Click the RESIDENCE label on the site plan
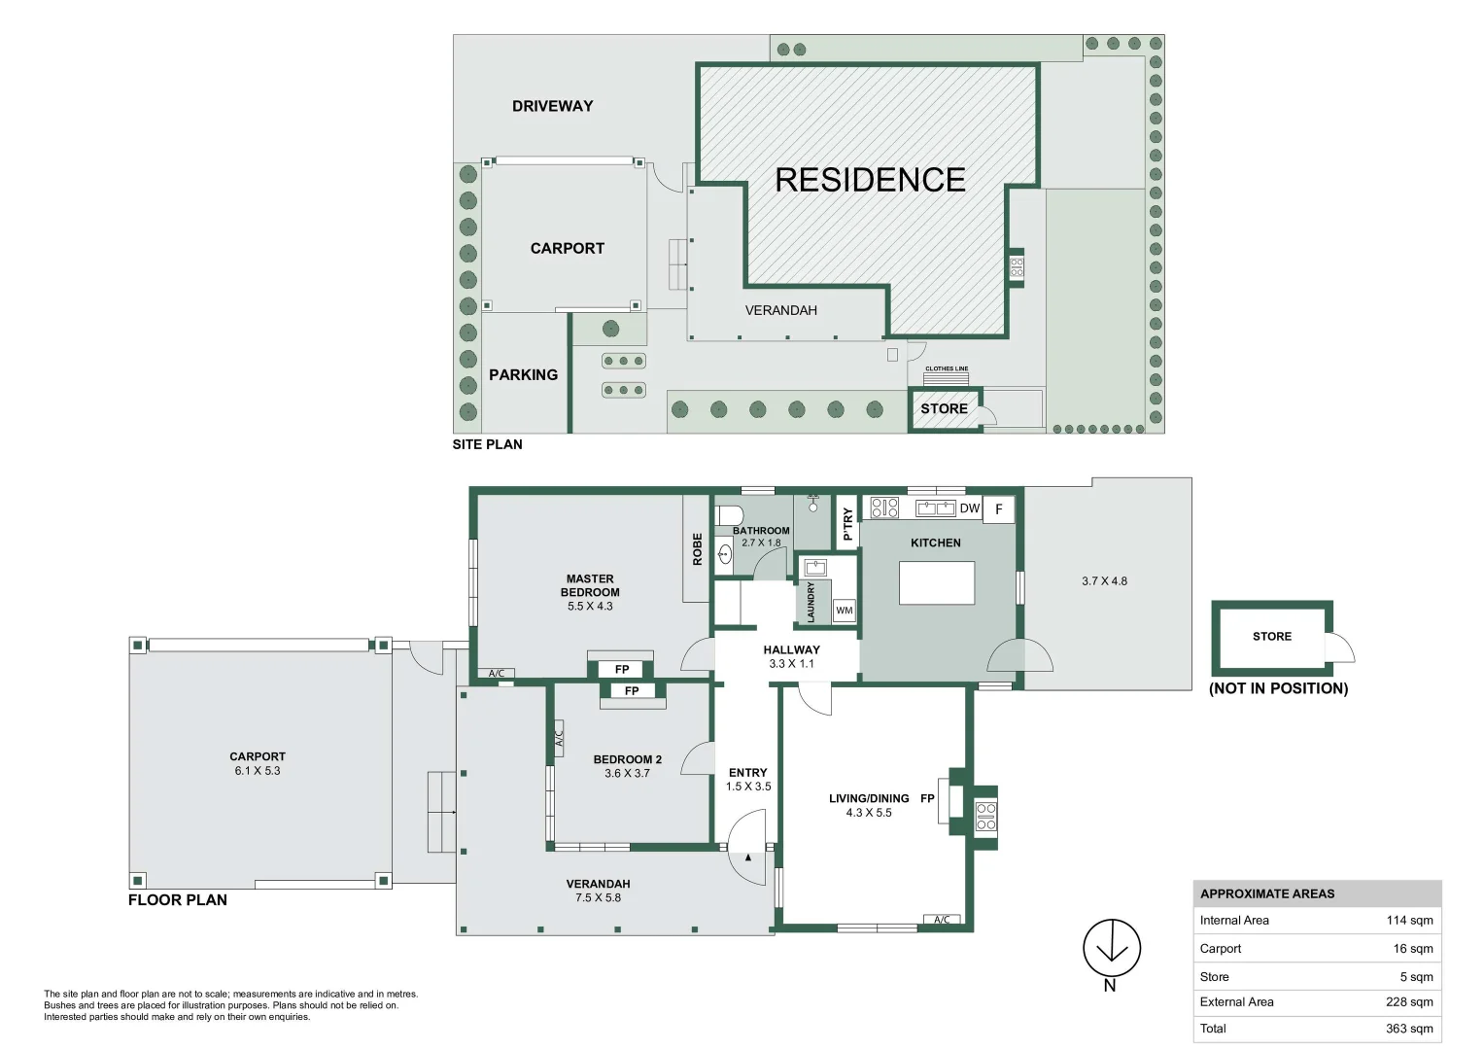tap(870, 180)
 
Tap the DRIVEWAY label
tap(553, 106)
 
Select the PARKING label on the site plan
tap(524, 374)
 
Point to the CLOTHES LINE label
tap(947, 368)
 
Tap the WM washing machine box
tap(844, 610)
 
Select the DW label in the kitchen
tap(969, 508)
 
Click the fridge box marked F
tap(998, 509)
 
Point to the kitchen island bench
tap(937, 582)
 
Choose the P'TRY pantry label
tap(847, 524)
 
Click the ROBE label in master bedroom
tap(697, 549)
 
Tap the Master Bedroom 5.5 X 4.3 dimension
tap(590, 606)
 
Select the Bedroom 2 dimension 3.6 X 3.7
tap(627, 773)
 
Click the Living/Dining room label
tap(869, 799)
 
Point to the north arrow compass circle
tap(1112, 948)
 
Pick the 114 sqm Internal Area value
tap(1410, 920)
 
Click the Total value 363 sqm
tap(1410, 1029)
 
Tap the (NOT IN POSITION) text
tap(1279, 688)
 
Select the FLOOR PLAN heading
tap(178, 899)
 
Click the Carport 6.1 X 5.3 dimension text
tap(258, 770)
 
